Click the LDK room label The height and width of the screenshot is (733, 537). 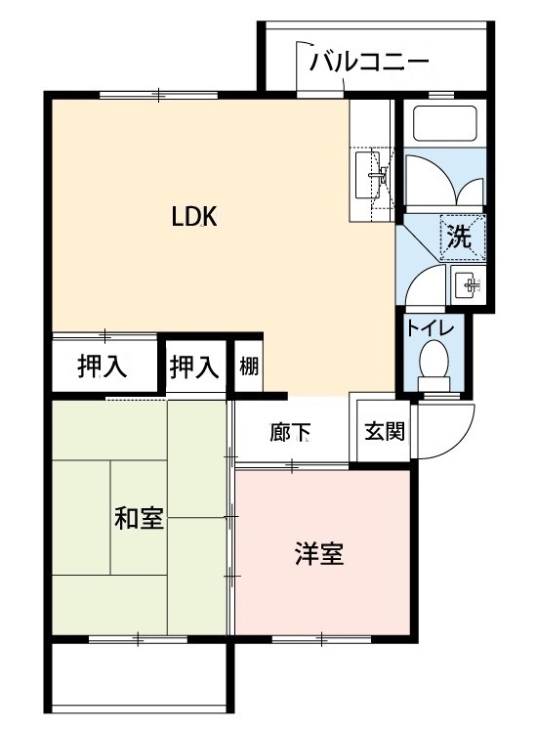194,217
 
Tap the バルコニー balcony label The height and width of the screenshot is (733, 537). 369,62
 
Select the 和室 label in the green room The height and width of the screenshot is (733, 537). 140,518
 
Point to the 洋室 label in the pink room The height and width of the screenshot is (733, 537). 319,553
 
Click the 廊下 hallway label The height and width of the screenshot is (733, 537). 290,432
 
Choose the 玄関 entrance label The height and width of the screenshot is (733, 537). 385,431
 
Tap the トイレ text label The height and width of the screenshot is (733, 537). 430,327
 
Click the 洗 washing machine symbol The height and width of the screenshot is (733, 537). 462,237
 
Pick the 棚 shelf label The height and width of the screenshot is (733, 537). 249,366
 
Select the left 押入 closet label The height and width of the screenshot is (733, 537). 103,366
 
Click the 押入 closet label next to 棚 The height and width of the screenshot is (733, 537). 194,366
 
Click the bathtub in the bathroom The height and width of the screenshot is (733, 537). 444,123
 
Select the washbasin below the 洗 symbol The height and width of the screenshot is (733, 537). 469,284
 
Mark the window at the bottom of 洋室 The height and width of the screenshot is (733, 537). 322,639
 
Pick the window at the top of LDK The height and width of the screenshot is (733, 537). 159,95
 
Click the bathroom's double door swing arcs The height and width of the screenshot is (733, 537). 443,181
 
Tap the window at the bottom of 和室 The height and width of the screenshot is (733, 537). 139,639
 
